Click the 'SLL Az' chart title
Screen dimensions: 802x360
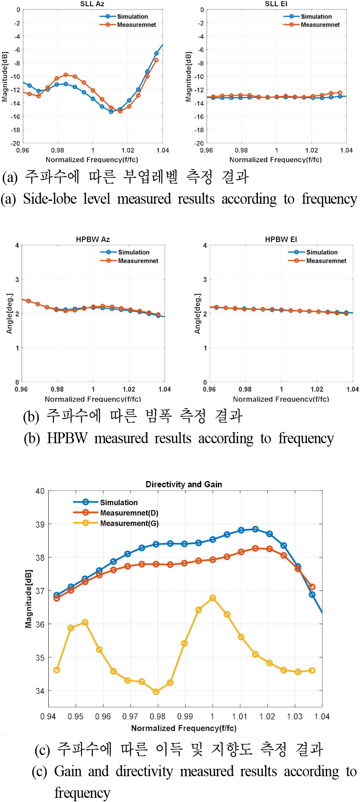pos(92,4)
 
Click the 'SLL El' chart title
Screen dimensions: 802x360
pos(276,4)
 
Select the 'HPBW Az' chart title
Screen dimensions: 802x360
pos(93,239)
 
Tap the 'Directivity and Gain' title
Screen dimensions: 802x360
pos(184,484)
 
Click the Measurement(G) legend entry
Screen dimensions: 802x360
pos(129,523)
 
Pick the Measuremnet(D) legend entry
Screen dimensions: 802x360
pos(129,513)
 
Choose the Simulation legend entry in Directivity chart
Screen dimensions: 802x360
pos(118,502)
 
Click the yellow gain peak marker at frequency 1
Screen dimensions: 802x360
pos(213,598)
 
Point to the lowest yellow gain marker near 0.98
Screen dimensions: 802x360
pos(156,691)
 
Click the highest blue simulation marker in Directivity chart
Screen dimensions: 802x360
pos(255,529)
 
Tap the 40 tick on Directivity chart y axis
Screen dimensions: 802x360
pos(40,491)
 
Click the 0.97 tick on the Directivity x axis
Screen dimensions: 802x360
pos(130,716)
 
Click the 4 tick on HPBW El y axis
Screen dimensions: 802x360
pos(205,245)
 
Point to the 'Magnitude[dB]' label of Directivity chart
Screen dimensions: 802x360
pos(28,599)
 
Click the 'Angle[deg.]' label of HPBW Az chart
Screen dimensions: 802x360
pos(10,313)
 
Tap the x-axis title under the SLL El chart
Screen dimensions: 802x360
pos(275,160)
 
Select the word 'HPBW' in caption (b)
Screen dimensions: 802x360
pos(67,438)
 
